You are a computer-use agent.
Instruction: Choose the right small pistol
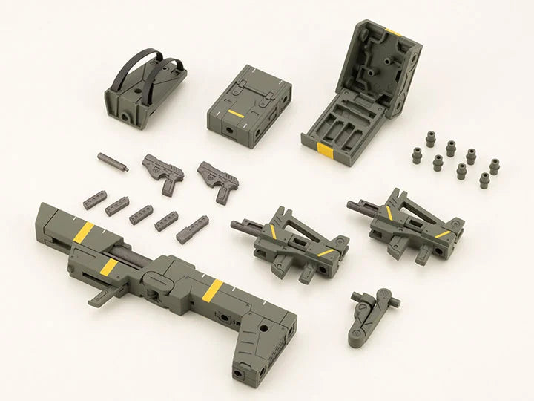pyautogui.click(x=216, y=178)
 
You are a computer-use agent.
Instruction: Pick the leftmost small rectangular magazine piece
pyautogui.click(x=94, y=200)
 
